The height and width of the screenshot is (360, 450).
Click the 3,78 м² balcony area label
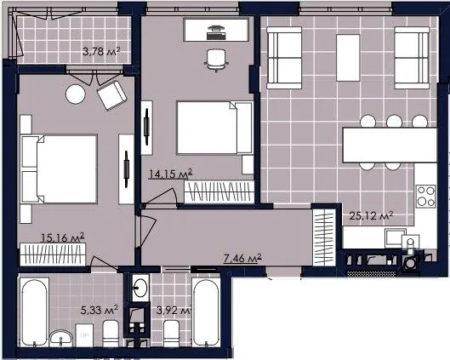pyautogui.click(x=101, y=52)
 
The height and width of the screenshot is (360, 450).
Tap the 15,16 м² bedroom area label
pyautogui.click(x=63, y=238)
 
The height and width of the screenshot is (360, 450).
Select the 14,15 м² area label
pyautogui.click(x=170, y=174)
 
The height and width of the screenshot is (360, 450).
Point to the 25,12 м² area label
pyautogui.click(x=371, y=215)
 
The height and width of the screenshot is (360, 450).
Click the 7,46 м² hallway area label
pyautogui.click(x=242, y=259)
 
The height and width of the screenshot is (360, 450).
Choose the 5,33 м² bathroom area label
pyautogui.click(x=100, y=310)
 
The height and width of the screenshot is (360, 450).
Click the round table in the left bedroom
pyautogui.click(x=76, y=94)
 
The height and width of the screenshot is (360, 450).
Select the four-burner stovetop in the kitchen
pyautogui.click(x=426, y=196)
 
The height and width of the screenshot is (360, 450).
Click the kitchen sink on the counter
pyautogui.click(x=396, y=238)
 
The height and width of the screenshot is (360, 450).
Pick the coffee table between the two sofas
pyautogui.click(x=348, y=58)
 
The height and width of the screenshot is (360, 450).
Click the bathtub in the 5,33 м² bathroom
pyautogui.click(x=34, y=313)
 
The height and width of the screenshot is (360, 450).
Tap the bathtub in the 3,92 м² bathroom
pyautogui.click(x=206, y=312)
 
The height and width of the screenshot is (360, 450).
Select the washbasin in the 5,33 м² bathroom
pyautogui.click(x=61, y=339)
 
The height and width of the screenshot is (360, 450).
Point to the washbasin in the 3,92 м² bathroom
pyautogui.click(x=140, y=288)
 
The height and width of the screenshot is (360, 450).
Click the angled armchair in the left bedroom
pyautogui.click(x=112, y=95)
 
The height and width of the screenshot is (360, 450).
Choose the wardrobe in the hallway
pyautogui.click(x=324, y=237)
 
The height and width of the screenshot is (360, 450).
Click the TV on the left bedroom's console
pyautogui.click(x=126, y=169)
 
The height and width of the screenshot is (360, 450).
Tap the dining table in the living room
pyautogui.click(x=390, y=145)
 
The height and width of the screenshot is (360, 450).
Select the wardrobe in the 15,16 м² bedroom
pyautogui.click(x=53, y=254)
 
